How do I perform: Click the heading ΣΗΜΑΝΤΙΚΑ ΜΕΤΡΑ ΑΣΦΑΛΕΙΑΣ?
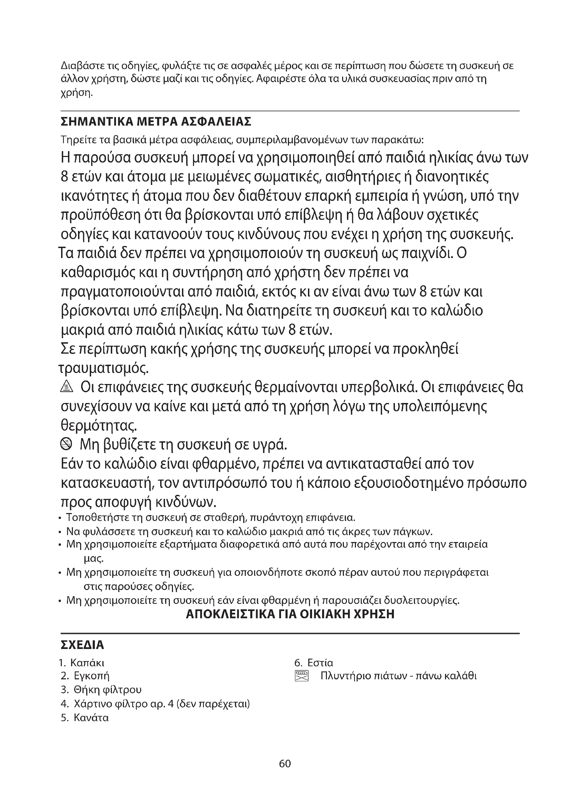tap(156, 122)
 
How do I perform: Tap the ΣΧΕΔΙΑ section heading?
tap(82, 645)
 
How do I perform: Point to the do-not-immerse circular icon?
tap(66, 445)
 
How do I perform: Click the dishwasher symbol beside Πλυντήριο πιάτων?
tap(302, 676)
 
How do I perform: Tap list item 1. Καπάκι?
tap(82, 662)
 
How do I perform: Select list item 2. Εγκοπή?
tap(85, 676)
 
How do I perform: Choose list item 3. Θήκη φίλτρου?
tap(101, 690)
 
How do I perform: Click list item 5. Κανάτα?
tap(85, 717)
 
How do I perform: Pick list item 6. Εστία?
tap(313, 662)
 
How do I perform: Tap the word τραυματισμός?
tap(103, 368)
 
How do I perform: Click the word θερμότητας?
tap(99, 426)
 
